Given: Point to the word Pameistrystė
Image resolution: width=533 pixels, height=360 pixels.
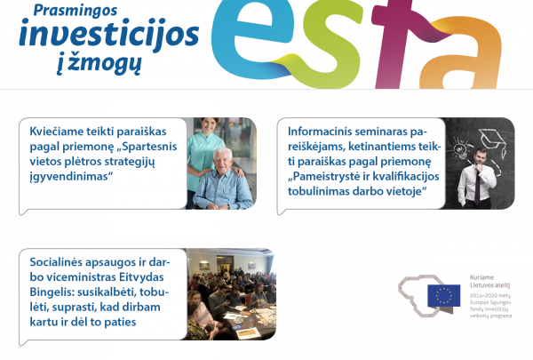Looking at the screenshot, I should (330, 177).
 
